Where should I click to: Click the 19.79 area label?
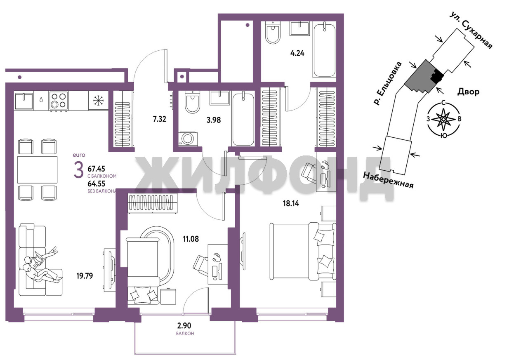tap(85, 275)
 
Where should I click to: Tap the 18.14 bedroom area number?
tap(291, 203)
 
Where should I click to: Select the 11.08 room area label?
tap(191, 239)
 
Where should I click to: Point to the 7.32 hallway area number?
tap(160, 119)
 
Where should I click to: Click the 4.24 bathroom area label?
tap(297, 53)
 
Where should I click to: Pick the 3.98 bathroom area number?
tap(214, 120)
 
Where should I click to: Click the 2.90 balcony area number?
tap(184, 326)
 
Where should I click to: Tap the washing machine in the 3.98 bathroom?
tap(188, 139)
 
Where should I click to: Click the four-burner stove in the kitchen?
tap(59, 101)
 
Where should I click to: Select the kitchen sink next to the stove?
tap(24, 101)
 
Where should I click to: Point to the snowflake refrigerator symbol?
tap(98, 101)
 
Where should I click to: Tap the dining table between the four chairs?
tap(37, 169)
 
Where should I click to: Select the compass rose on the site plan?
tap(443, 119)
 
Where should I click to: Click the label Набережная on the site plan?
tap(388, 180)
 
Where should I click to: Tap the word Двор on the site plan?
tap(468, 92)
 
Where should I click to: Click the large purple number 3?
tap(78, 171)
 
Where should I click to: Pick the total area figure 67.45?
tap(96, 169)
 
